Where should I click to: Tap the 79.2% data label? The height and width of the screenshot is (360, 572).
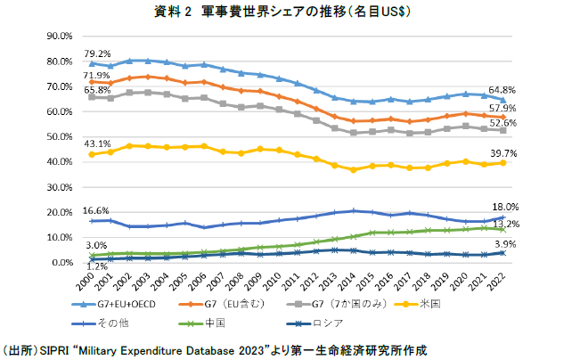[x=98, y=54]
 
